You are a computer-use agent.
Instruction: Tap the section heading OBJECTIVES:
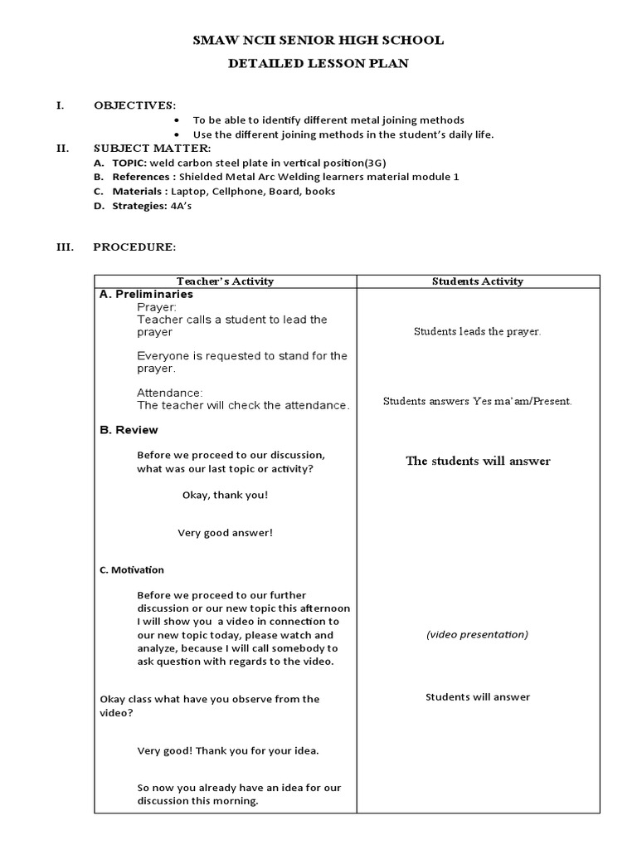134,105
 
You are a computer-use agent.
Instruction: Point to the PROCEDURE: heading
134,247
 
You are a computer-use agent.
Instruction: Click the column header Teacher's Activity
225,281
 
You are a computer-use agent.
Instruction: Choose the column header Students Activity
478,281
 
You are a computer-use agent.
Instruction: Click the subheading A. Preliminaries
146,294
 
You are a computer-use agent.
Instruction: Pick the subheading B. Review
129,430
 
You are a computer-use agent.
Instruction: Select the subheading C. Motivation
132,570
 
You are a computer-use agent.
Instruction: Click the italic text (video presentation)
478,634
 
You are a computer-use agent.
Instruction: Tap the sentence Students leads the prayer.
478,331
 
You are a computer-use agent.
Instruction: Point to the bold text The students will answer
478,461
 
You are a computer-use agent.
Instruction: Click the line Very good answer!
225,533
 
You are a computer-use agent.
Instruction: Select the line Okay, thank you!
225,495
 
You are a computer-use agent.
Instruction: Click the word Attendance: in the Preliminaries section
170,393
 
